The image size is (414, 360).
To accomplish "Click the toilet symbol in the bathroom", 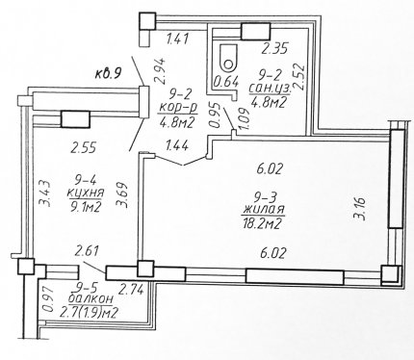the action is [x=228, y=57].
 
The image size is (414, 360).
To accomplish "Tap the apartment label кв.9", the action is [x=108, y=74].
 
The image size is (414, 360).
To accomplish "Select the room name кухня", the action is [x=86, y=193].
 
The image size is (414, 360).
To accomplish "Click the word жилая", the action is [x=264, y=209].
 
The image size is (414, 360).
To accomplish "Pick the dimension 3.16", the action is [x=359, y=209].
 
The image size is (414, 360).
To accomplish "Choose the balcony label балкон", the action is [x=91, y=299].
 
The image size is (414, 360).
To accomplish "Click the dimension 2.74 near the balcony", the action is [x=131, y=291].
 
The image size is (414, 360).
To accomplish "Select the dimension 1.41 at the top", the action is [x=176, y=39].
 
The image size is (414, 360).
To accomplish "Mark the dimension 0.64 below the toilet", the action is [x=226, y=83].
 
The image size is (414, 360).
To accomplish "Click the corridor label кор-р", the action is [x=177, y=109].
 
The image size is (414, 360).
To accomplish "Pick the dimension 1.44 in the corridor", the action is [x=176, y=146].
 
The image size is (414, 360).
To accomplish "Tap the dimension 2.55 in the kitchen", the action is [x=84, y=148].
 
